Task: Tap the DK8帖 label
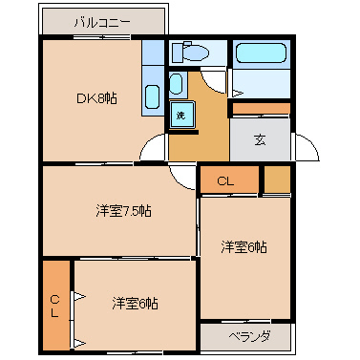(96, 97)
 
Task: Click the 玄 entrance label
(260, 138)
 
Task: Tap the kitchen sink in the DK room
(152, 96)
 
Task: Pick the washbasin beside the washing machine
(176, 84)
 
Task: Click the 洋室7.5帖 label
(122, 210)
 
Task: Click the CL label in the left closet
(55, 306)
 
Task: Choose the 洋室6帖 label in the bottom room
(135, 304)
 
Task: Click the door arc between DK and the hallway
(153, 149)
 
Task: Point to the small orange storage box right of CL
(277, 180)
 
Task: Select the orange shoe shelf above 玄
(260, 108)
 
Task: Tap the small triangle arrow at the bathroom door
(236, 92)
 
